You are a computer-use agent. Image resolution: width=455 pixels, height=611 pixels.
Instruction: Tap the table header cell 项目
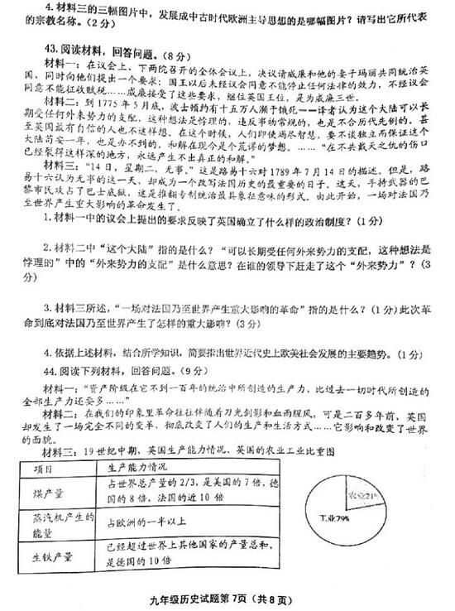[52, 469]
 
